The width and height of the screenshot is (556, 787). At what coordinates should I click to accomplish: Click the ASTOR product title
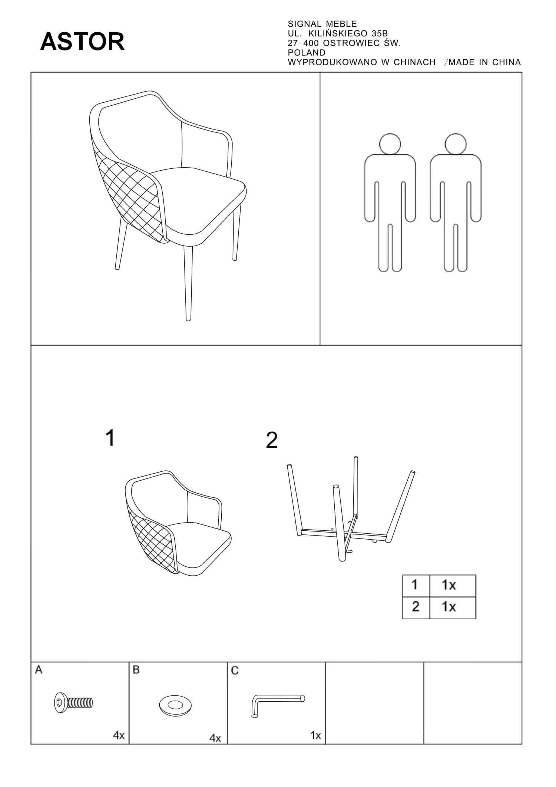(x=82, y=42)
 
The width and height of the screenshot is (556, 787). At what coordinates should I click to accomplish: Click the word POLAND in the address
(x=307, y=53)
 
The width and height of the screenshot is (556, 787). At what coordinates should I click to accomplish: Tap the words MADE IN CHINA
(x=484, y=62)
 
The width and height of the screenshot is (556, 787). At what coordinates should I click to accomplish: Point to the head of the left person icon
(x=390, y=144)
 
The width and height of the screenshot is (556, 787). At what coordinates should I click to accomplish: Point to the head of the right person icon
(x=456, y=144)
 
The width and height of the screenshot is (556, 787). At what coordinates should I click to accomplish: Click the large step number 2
(x=272, y=440)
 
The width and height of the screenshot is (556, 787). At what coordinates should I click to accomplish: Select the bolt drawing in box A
(x=73, y=702)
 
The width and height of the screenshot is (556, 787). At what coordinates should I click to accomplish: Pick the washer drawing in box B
(x=175, y=704)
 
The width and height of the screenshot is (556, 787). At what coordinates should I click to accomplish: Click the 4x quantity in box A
(x=119, y=735)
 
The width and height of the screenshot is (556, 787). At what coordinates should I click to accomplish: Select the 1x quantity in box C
(x=315, y=735)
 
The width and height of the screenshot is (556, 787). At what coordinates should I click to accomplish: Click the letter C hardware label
(x=234, y=671)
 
